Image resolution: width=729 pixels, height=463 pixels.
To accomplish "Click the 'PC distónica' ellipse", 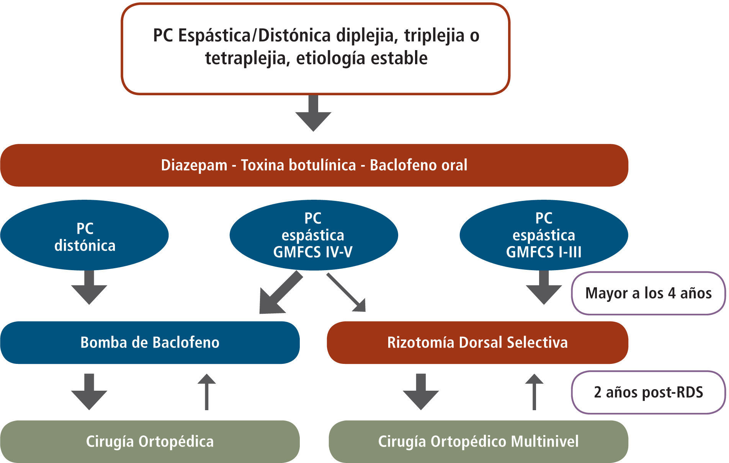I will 85,235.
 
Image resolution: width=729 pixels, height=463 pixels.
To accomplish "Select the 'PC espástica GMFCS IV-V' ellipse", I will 313,235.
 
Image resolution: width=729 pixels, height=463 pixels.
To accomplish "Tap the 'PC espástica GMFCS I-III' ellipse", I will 543,235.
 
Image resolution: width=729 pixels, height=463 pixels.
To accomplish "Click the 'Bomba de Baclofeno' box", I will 150,342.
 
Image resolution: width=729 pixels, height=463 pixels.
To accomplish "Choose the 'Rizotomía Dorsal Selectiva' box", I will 477,342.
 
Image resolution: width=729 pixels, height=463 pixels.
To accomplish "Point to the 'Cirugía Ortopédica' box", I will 150,442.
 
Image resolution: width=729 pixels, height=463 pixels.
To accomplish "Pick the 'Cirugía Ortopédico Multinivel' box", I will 478,442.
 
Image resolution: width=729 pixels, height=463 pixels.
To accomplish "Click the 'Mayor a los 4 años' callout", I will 648,293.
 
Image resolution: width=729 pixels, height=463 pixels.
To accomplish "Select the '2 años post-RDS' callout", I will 648,392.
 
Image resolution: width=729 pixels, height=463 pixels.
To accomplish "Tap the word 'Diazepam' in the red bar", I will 194,165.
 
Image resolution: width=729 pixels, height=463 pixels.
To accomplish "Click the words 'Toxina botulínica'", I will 298,165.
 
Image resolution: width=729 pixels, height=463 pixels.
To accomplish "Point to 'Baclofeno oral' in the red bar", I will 418,165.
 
